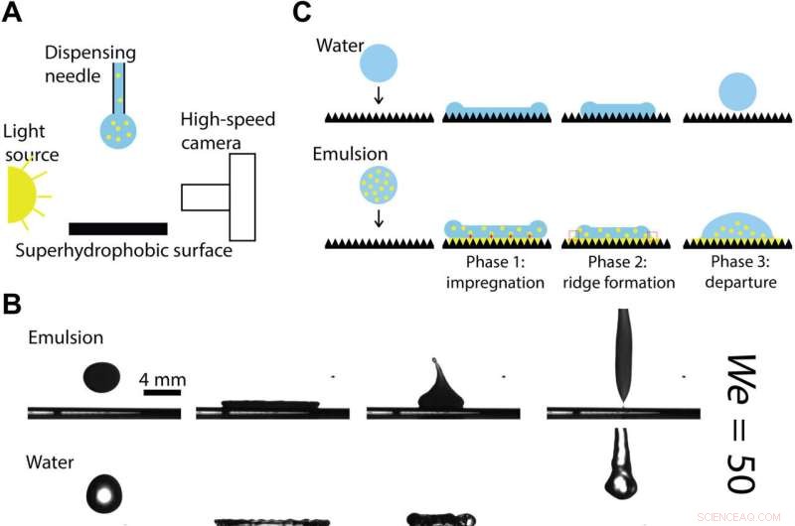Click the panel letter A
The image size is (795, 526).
tap(13, 15)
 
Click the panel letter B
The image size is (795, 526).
tap(13, 303)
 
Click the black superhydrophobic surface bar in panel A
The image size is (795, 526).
tap(117, 228)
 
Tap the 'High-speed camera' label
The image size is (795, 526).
tap(228, 131)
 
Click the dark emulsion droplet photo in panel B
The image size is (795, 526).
tap(101, 376)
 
